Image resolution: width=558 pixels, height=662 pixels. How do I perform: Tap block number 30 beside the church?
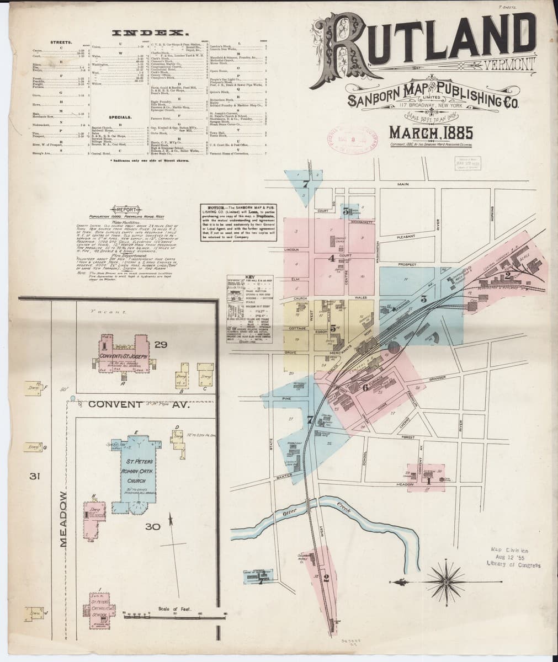pyautogui.click(x=153, y=526)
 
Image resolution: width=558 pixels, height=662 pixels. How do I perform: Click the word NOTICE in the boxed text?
pyautogui.click(x=212, y=205)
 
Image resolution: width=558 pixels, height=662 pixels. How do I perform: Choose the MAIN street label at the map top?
pyautogui.click(x=402, y=184)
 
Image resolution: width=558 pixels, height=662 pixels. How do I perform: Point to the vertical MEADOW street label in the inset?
pyautogui.click(x=62, y=519)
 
